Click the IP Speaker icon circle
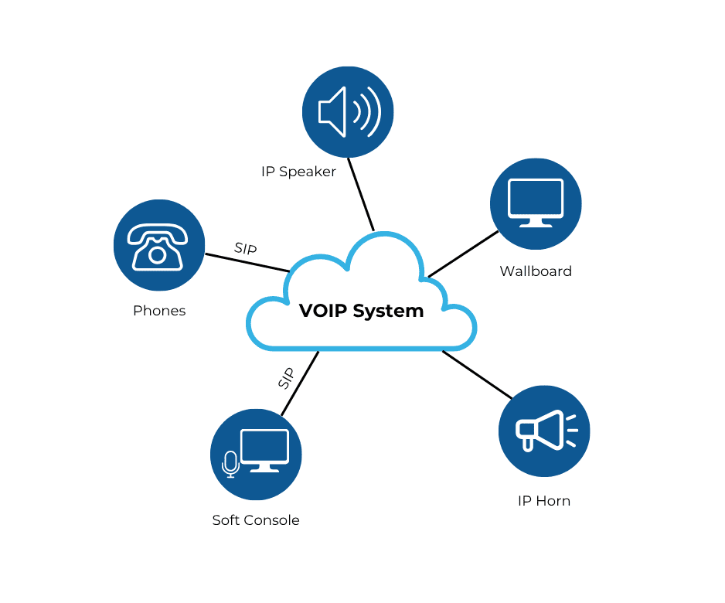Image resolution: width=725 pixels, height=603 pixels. pyautogui.click(x=348, y=111)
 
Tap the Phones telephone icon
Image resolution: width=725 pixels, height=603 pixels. pyautogui.click(x=158, y=246)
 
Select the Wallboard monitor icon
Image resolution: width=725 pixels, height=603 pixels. pyautogui.click(x=536, y=203)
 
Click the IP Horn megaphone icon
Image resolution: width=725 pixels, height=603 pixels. pyautogui.click(x=544, y=431)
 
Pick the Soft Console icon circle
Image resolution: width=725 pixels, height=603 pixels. pyautogui.click(x=256, y=455)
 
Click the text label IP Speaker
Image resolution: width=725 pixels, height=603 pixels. pyautogui.click(x=298, y=172)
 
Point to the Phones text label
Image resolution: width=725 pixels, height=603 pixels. pyautogui.click(x=159, y=311)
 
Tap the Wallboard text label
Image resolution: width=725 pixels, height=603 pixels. pyautogui.click(x=536, y=271)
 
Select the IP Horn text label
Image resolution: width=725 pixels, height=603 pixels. pyautogui.click(x=544, y=501)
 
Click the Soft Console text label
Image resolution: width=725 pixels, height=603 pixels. pyautogui.click(x=256, y=520)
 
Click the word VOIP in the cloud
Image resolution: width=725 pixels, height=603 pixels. pyautogui.click(x=323, y=311)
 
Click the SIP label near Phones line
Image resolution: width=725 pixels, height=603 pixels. pyautogui.click(x=245, y=249)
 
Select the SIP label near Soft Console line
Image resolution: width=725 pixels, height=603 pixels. pyautogui.click(x=286, y=378)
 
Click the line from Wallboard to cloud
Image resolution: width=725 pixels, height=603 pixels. pyautogui.click(x=464, y=254)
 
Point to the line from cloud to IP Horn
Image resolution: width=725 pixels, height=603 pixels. pyautogui.click(x=477, y=375)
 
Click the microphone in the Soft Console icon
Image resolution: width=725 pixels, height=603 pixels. pyautogui.click(x=230, y=464)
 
